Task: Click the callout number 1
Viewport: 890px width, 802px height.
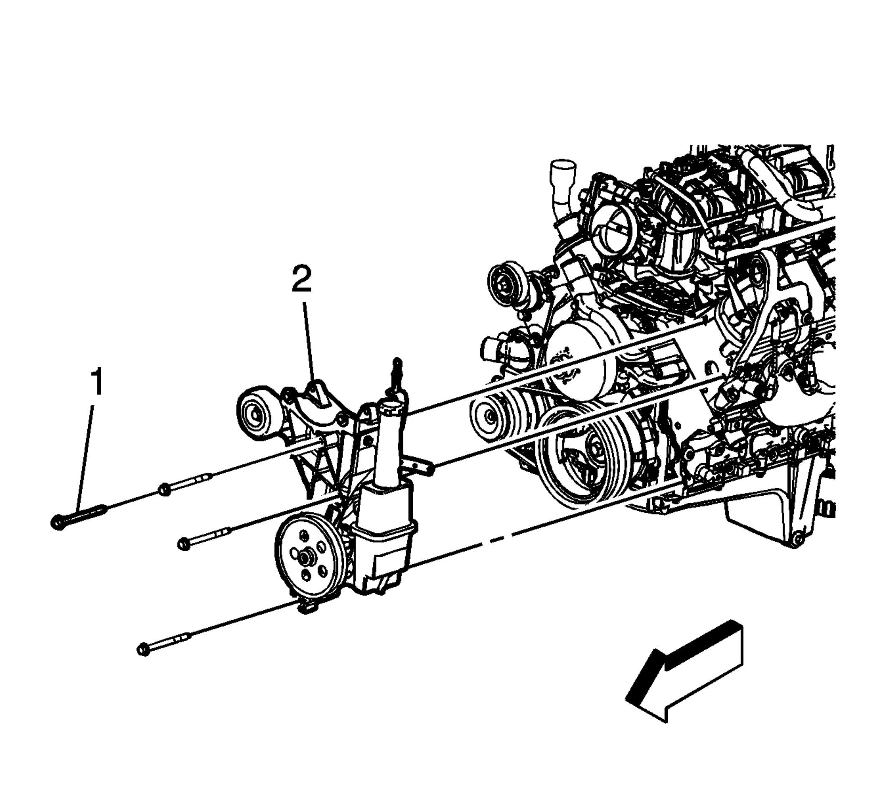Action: (x=97, y=382)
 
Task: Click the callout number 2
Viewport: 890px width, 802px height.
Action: (x=302, y=279)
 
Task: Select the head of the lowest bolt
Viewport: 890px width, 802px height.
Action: (x=144, y=649)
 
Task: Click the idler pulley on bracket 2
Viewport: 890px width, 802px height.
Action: (x=256, y=414)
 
